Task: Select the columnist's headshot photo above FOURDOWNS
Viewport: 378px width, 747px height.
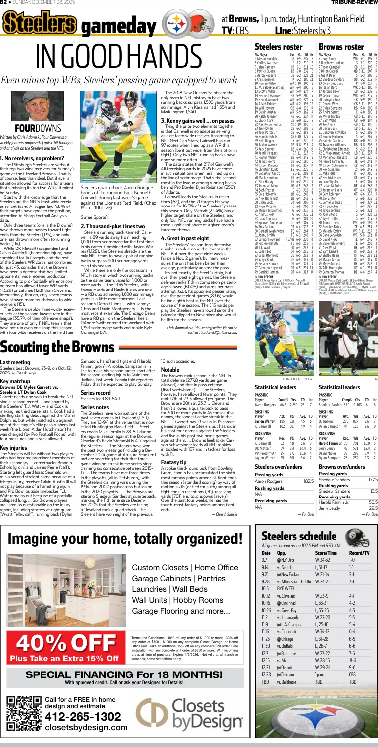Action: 31,105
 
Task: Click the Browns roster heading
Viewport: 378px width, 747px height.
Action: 341,47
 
